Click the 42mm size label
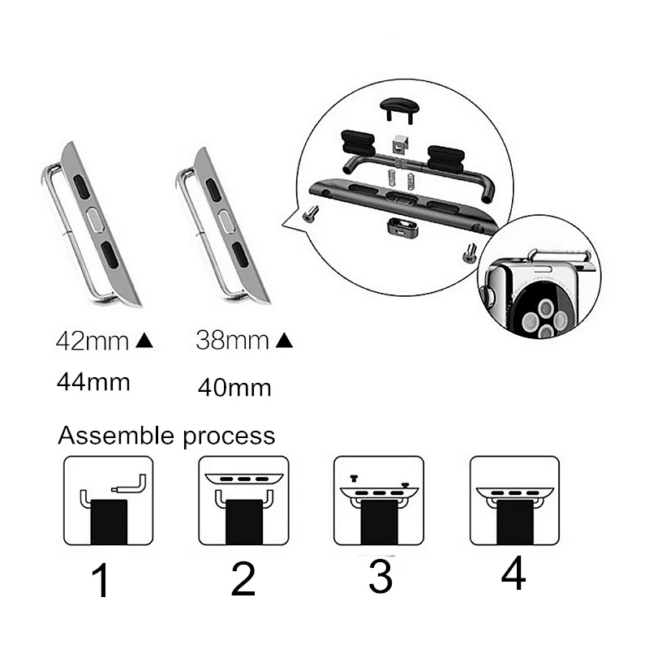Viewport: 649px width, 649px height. (92, 342)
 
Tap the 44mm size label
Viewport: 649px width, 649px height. (93, 382)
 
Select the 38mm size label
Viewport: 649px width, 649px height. (232, 340)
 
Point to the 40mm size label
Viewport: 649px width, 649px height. (234, 388)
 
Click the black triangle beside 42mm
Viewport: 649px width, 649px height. (144, 341)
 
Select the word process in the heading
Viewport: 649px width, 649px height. (229, 437)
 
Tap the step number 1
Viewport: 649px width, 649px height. (101, 579)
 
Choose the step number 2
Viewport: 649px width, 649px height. (243, 578)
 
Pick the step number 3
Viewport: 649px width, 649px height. (380, 576)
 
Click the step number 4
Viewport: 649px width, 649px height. (514, 573)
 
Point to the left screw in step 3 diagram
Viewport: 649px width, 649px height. (354, 479)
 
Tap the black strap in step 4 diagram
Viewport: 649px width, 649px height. (515, 522)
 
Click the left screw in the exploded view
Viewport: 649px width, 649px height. (311, 213)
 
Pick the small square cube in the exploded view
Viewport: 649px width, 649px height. (400, 144)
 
